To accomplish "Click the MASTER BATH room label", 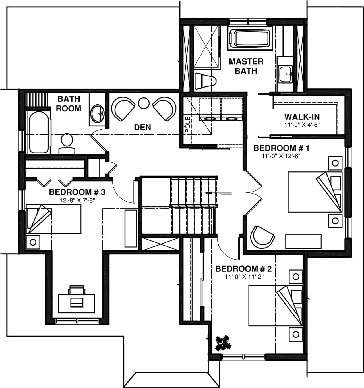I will coord(246,66).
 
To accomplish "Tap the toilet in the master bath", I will coord(205,81).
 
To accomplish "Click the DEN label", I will coord(142,127).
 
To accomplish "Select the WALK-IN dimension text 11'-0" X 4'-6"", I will coord(302,124).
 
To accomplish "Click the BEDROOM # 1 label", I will coord(281,148).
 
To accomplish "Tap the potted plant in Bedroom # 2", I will coord(223,343).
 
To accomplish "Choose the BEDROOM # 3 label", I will coord(77,192).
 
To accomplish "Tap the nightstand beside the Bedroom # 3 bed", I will coord(33,242).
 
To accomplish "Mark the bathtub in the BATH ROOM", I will coord(38,132).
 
